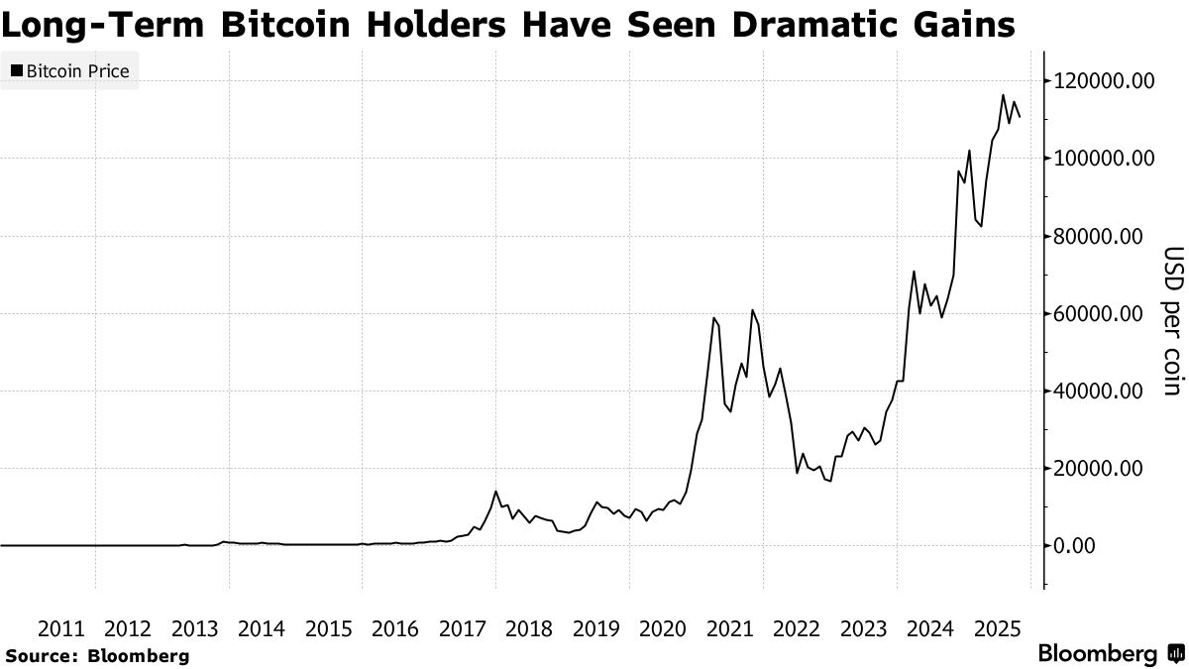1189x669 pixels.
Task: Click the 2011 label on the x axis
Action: (x=60, y=628)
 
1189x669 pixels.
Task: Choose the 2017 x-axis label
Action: (x=463, y=628)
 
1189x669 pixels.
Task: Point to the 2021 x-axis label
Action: (x=729, y=628)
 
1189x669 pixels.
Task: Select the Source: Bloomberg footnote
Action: (x=96, y=655)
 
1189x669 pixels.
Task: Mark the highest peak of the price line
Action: (x=1004, y=95)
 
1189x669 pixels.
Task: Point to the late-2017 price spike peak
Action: (x=495, y=492)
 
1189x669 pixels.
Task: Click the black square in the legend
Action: (x=17, y=71)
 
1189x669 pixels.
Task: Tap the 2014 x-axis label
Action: (x=262, y=628)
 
